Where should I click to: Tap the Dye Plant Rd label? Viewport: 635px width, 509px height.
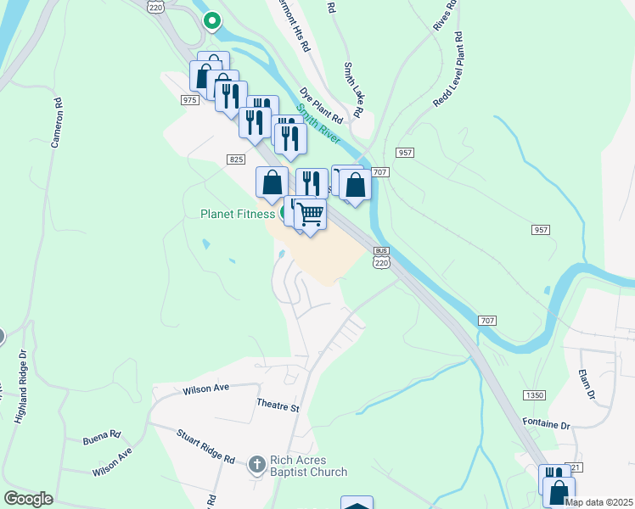[x=320, y=104]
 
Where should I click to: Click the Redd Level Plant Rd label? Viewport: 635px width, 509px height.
[x=447, y=70]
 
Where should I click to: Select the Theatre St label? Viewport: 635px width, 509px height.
[x=278, y=407]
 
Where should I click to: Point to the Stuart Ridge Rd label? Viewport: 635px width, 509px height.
[x=205, y=446]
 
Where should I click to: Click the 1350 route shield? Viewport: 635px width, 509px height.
[x=534, y=395]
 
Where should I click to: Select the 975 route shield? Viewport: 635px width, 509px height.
[x=188, y=99]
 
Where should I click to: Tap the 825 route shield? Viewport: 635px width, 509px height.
[x=236, y=159]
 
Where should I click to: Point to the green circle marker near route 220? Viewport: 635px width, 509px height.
[x=211, y=20]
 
